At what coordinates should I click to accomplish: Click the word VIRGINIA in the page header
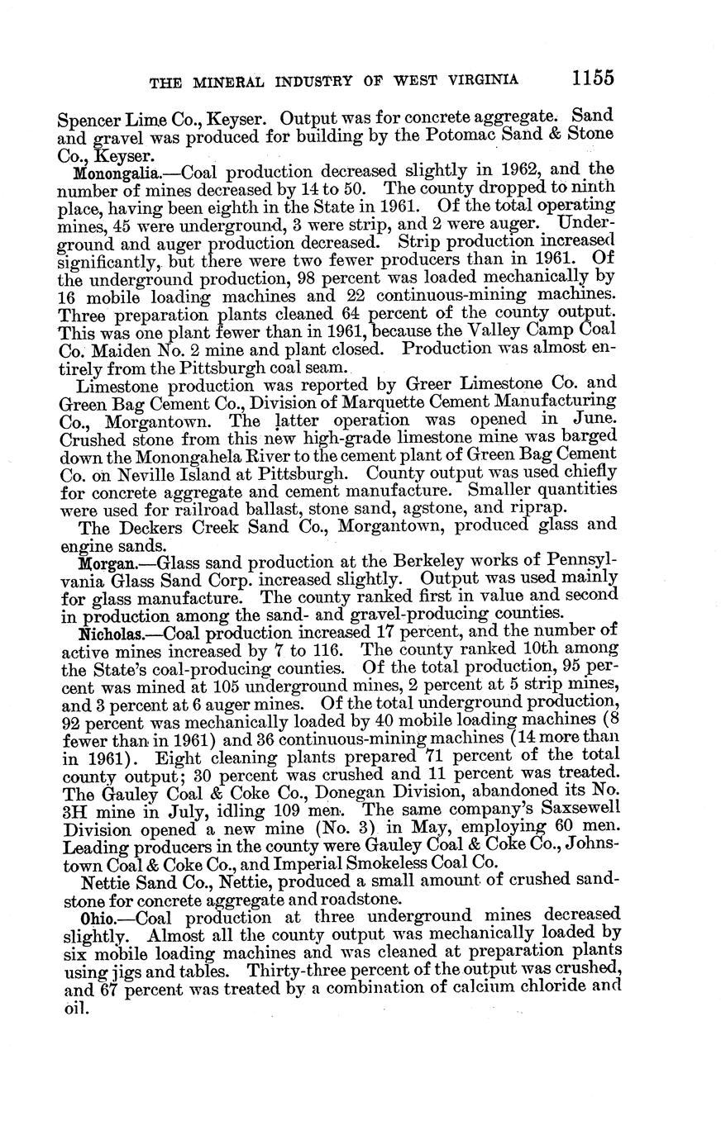tap(480, 80)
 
